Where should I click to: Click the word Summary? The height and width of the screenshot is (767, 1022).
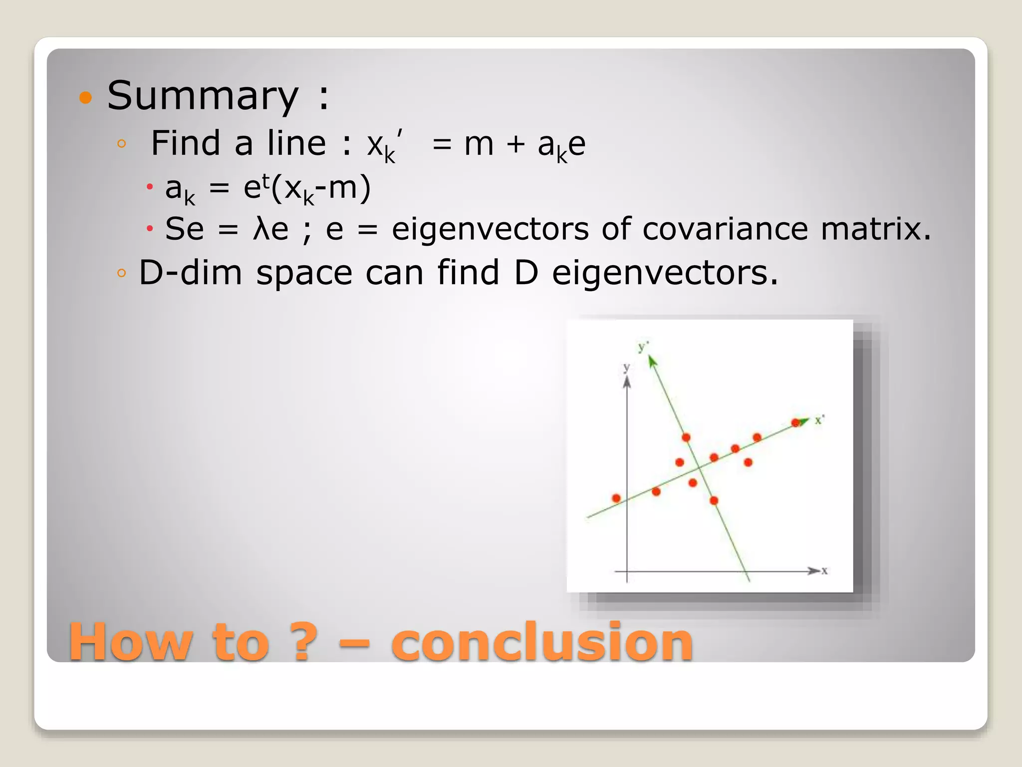point(203,96)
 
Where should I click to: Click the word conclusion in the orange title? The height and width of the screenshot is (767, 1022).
point(542,642)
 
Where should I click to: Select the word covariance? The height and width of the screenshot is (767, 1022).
point(725,229)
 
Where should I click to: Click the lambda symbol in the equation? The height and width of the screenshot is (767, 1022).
point(260,229)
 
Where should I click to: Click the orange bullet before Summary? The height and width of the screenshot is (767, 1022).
point(86,97)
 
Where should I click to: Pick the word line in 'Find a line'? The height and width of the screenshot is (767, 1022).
point(296,143)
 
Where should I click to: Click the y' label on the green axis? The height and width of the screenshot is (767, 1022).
point(643,346)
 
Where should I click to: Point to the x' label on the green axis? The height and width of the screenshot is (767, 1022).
point(819,420)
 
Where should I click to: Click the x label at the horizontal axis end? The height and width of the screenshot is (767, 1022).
point(824,570)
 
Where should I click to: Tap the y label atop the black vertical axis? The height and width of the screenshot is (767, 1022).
point(626,368)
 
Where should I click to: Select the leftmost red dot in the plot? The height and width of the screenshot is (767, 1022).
point(616,498)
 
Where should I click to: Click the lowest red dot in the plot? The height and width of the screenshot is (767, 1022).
point(714,500)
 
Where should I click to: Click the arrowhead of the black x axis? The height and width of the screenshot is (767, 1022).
point(814,571)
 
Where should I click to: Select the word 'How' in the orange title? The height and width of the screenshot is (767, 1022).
point(131,642)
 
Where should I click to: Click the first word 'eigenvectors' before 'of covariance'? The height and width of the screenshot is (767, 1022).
point(490,229)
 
